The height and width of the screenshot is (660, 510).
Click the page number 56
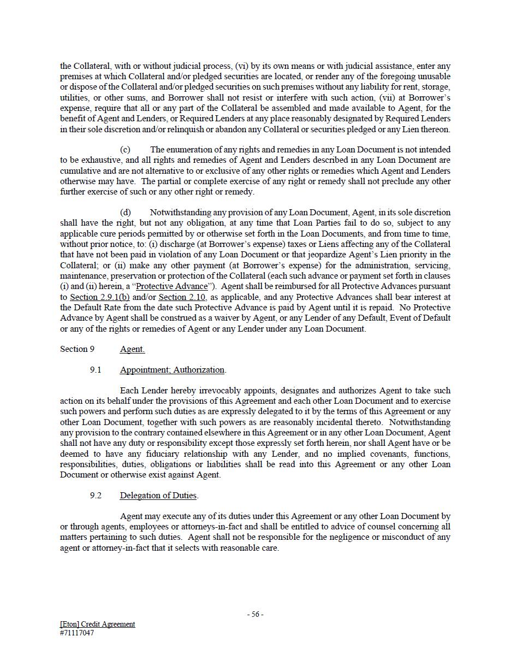[255, 614]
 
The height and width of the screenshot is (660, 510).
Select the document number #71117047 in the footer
[77, 633]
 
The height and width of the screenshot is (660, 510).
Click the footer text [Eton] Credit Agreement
[97, 624]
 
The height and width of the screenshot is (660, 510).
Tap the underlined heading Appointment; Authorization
[172, 370]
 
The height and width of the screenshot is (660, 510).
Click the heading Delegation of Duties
[158, 496]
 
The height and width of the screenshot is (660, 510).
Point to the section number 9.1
[96, 370]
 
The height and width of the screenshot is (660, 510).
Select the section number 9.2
[96, 496]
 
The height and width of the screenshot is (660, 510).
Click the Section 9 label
[77, 349]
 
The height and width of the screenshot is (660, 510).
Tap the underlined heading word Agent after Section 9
[132, 349]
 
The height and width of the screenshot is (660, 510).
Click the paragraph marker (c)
[124, 150]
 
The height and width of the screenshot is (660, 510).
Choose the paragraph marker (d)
[125, 213]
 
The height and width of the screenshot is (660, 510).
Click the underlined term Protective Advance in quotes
[172, 286]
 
